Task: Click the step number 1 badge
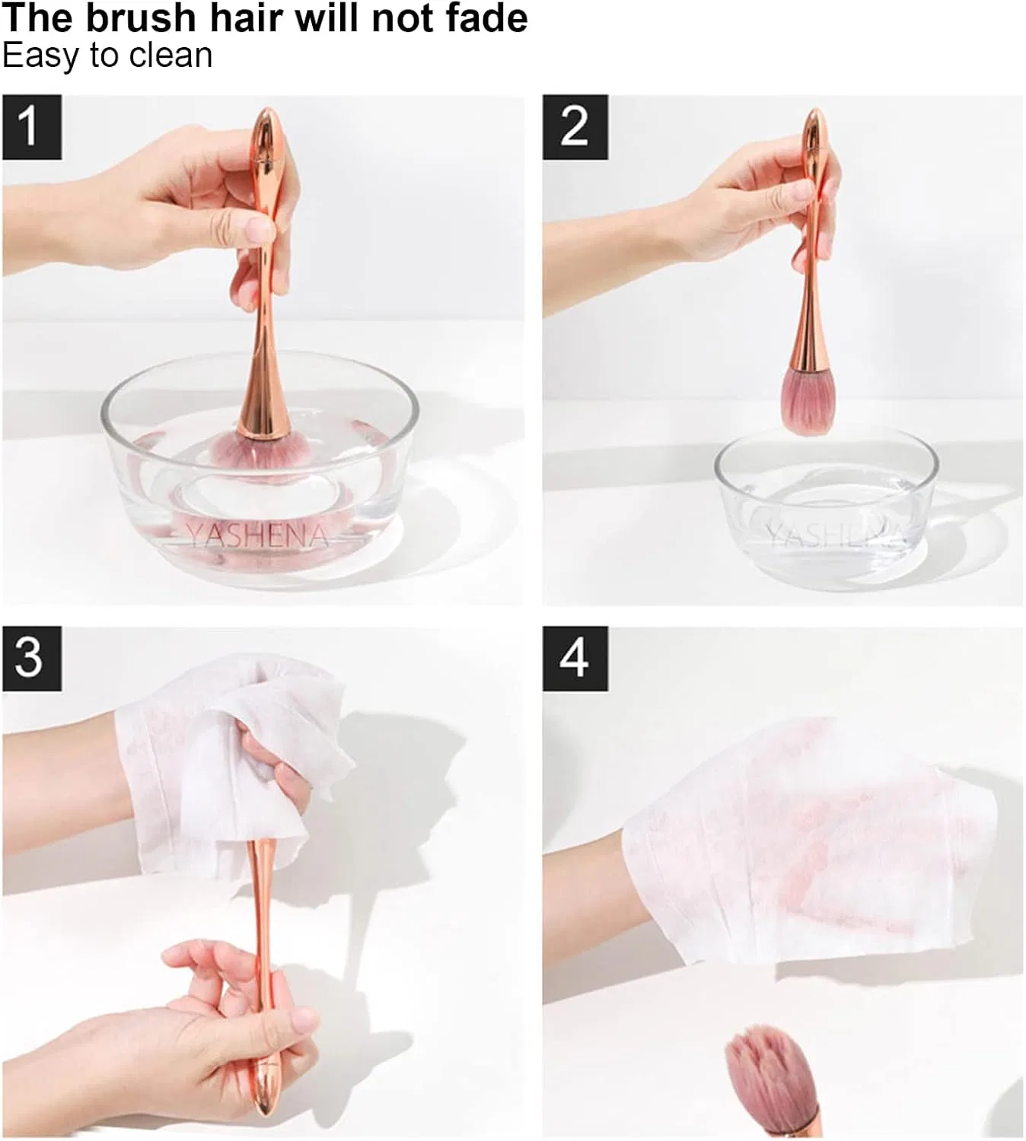coord(32,127)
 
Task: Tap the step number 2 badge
coord(575,127)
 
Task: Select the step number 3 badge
coord(32,659)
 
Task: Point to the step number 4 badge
coord(575,659)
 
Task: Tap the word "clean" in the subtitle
coord(170,56)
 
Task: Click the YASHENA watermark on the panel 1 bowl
coord(258,536)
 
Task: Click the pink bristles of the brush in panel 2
coord(808,400)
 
